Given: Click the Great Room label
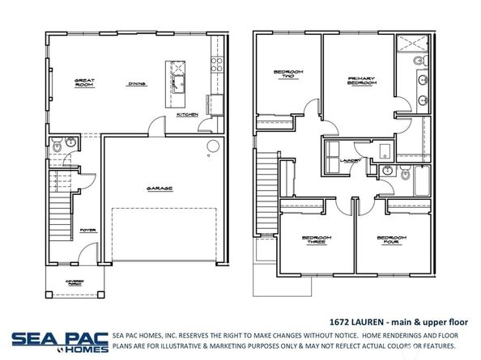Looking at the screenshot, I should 86,83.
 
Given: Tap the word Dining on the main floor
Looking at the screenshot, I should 136,83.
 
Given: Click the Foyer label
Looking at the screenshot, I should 87,229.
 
